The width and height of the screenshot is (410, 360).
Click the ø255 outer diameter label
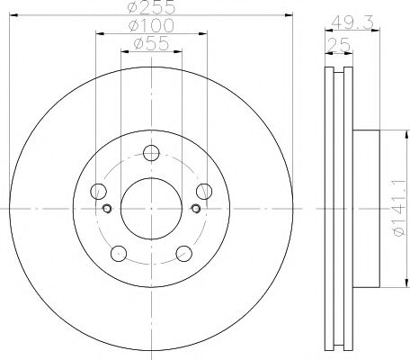point(151,6)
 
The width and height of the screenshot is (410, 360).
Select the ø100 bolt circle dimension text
point(151,25)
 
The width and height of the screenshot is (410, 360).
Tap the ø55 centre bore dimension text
point(151,43)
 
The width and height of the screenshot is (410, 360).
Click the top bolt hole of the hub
point(151,152)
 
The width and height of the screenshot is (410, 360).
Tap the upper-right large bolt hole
point(204,190)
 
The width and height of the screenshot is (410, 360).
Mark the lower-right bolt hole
point(184,253)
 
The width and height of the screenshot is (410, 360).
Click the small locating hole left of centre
point(107,209)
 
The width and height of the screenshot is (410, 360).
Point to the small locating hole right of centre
point(195,209)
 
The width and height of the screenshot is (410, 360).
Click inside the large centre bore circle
point(151,208)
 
